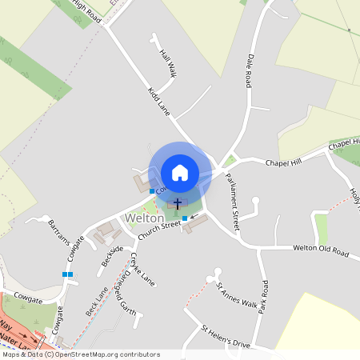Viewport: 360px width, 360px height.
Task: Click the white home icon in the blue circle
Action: point(180,172)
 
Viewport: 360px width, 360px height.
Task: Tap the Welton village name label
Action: point(144,218)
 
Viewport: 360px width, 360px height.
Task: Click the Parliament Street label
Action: point(227,204)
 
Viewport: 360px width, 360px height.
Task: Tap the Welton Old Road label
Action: point(321,252)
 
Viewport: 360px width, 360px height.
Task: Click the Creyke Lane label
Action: point(142,270)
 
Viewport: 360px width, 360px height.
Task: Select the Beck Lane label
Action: point(95,300)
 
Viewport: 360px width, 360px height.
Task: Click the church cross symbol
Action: point(177,204)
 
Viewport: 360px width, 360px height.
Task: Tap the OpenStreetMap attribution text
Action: point(80,354)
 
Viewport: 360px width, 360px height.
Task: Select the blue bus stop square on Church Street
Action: point(185,218)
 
